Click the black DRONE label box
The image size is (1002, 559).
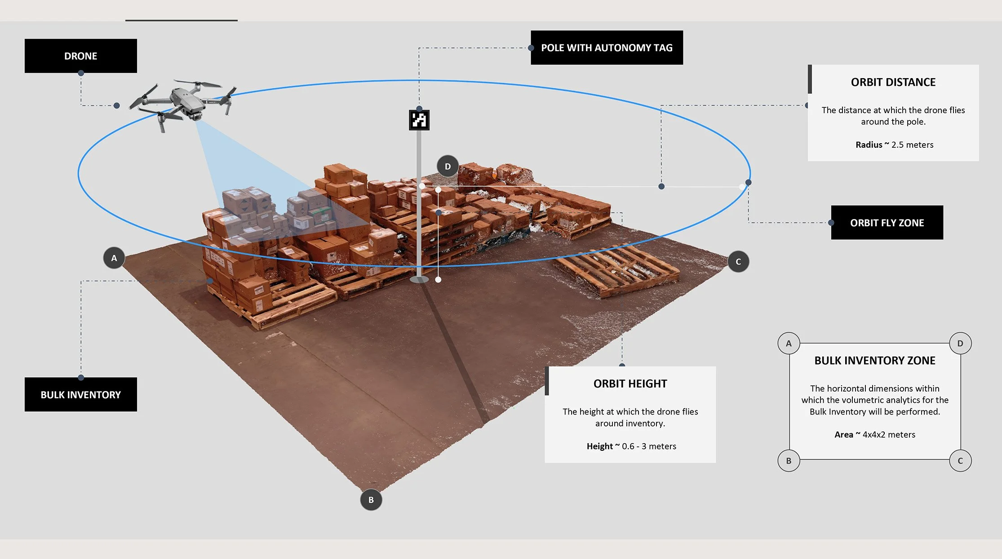pos(81,56)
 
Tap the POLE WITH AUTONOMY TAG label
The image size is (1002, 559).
pos(607,48)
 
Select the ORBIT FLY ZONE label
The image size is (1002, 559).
pos(887,223)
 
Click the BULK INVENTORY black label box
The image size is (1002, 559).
pos(81,395)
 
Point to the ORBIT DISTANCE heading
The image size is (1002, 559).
pos(893,82)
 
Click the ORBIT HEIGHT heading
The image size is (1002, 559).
pos(630,384)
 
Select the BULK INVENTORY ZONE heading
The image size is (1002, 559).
pos(874,361)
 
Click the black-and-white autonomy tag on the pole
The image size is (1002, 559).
pos(419,120)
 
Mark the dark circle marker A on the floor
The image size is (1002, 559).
pos(114,258)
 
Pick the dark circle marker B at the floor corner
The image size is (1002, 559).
pos(371,500)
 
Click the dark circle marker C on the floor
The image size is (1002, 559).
pos(738,262)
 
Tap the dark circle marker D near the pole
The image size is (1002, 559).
pos(448,167)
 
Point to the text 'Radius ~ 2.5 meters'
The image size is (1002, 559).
pos(894,145)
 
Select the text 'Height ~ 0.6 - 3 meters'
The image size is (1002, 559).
pos(631,446)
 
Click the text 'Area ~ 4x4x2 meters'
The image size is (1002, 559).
pos(874,435)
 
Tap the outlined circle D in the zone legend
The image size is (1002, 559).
pos(960,343)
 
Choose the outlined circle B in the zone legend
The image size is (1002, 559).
pos(789,461)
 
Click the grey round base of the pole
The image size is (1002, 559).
pos(419,280)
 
